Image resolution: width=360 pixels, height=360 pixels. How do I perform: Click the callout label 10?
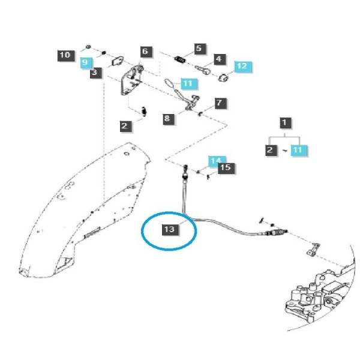[66, 56]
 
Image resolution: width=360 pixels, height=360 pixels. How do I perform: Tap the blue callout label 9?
[86, 62]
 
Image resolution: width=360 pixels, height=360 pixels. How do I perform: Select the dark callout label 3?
[95, 73]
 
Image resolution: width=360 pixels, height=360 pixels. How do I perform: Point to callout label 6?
[146, 52]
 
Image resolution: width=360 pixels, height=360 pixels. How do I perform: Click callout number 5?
[200, 49]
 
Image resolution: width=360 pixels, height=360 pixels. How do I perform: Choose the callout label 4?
[220, 59]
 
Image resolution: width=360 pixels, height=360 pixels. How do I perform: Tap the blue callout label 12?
[243, 67]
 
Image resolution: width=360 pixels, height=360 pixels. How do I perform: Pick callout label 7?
[221, 103]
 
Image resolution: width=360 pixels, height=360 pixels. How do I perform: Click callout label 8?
[169, 119]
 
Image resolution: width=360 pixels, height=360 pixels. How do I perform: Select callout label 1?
[286, 123]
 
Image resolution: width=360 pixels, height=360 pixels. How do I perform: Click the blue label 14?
[217, 161]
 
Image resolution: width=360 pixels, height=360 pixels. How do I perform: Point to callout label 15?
[226, 168]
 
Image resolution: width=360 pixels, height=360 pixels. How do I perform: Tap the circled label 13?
[170, 230]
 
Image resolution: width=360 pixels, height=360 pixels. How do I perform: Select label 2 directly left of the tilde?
[271, 151]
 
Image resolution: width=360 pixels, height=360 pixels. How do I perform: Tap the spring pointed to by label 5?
[180, 59]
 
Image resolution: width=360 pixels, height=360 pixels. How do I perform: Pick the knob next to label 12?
[223, 77]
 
